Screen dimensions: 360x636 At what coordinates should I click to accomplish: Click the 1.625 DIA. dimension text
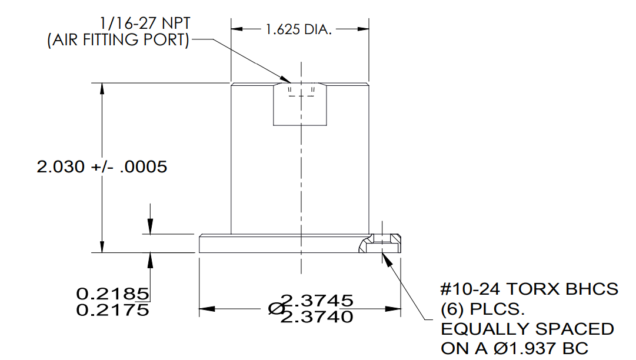299,29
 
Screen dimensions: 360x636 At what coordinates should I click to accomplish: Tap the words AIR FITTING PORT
118,41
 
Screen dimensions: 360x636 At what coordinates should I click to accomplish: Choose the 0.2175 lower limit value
112,309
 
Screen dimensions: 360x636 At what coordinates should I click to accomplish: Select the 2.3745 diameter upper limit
318,301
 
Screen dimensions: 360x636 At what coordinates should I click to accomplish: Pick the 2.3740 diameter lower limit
318,317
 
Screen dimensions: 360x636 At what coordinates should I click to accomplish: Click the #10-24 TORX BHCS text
530,289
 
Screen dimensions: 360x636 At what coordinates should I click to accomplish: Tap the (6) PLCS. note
481,309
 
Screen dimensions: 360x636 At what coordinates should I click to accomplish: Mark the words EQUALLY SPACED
527,329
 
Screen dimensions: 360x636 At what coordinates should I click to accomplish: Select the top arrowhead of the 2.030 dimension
102,88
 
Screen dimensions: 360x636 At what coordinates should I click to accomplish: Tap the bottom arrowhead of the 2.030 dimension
102,247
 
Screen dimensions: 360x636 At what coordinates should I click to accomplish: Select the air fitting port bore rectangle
301,104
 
